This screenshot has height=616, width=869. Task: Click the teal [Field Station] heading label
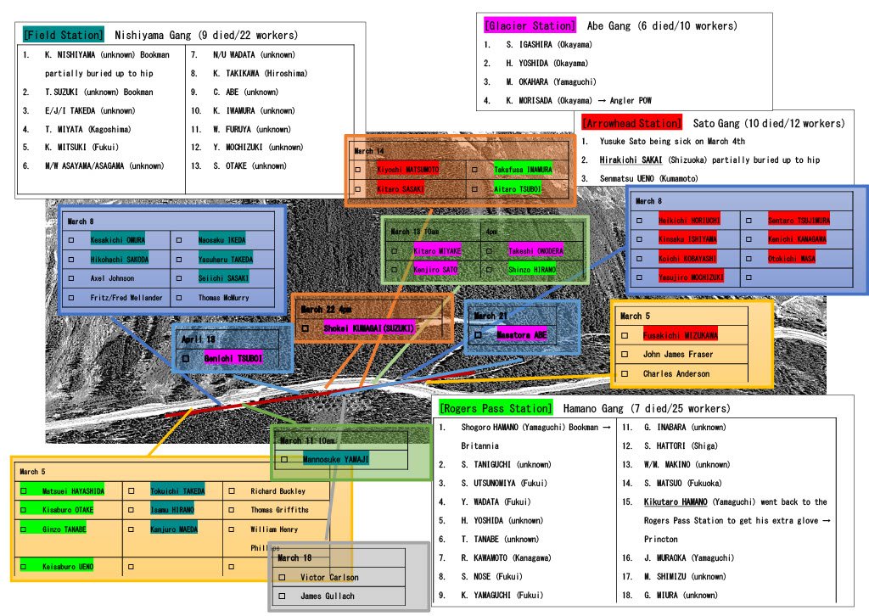(63, 35)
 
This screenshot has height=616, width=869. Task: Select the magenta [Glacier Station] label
(530, 25)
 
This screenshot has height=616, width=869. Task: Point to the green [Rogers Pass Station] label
(496, 408)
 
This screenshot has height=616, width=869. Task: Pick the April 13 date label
(199, 339)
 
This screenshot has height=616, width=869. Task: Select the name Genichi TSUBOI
(233, 359)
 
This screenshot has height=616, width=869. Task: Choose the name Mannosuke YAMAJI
(335, 459)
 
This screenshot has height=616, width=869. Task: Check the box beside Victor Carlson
(282, 577)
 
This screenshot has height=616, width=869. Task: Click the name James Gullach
(328, 596)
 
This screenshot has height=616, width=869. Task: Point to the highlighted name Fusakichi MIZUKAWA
(680, 335)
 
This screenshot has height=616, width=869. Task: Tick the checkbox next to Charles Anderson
(625, 373)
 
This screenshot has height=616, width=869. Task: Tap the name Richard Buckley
(278, 491)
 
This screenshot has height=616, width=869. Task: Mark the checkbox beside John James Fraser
(625, 355)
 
